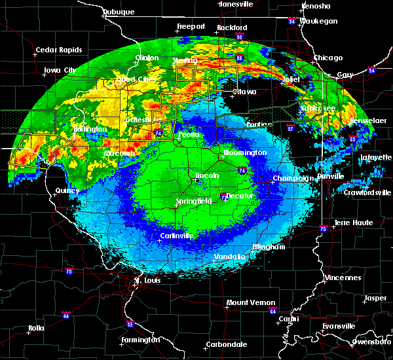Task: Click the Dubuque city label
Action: [119, 12]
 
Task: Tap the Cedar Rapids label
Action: [58, 50]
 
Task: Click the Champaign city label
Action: [290, 178]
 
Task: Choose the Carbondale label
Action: [226, 344]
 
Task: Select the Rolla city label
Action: [37, 328]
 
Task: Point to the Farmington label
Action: [140, 340]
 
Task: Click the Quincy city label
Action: [67, 190]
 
